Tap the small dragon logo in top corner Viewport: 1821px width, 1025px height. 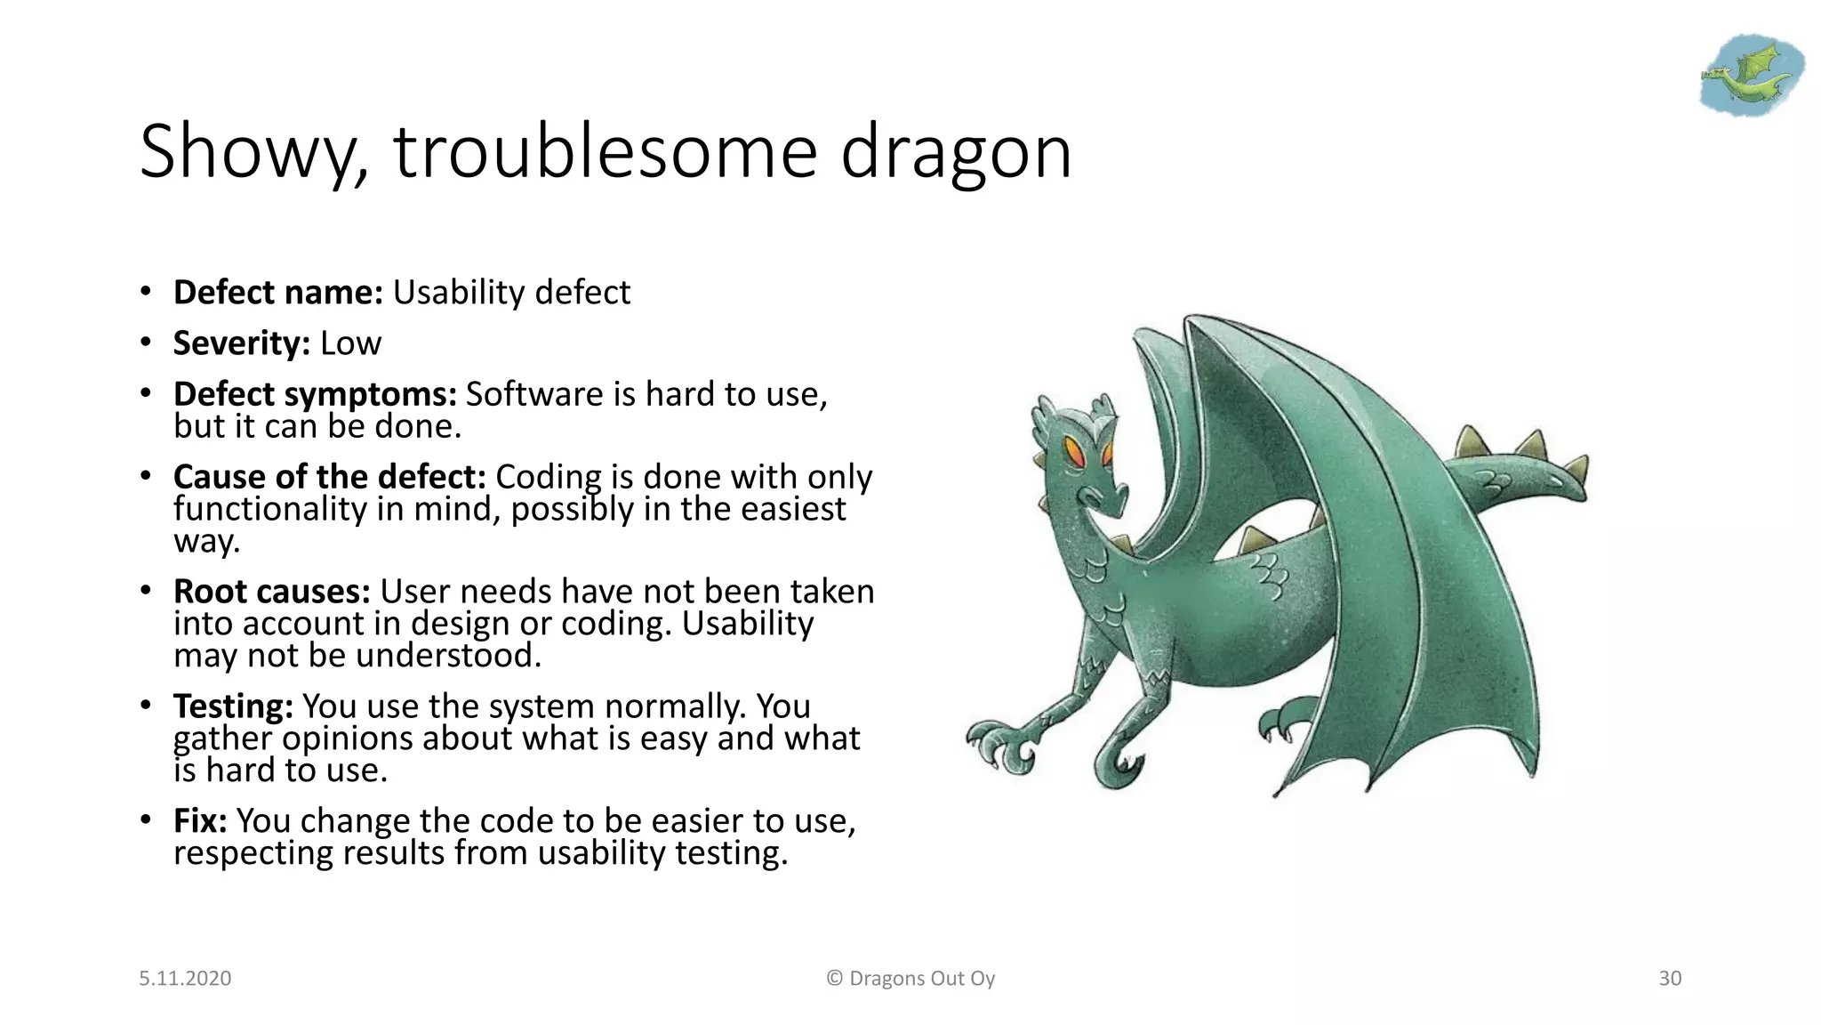1751,76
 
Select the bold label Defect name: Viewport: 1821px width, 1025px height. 277,293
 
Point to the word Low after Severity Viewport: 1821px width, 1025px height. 350,343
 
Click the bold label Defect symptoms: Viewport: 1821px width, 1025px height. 315,394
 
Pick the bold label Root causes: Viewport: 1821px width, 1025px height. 271,592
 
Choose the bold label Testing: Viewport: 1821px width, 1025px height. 233,706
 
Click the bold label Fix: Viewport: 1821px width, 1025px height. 200,821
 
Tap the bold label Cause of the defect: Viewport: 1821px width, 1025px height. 329,477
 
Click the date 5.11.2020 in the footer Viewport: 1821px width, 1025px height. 185,979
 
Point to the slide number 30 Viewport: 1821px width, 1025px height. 1670,979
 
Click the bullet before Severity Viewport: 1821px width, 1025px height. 145,343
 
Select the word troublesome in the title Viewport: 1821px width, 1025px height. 605,153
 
